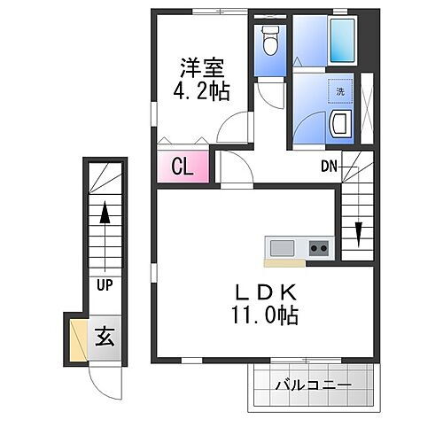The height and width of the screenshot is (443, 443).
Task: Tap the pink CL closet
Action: (x=183, y=166)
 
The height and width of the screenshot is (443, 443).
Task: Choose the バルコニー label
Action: (x=312, y=385)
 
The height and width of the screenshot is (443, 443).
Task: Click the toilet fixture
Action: (x=270, y=41)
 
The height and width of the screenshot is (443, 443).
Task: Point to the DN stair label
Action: (x=328, y=166)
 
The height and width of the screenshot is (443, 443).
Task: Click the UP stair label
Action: (x=105, y=285)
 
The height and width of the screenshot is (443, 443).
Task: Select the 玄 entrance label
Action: (x=105, y=338)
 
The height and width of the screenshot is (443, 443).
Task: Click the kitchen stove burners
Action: (x=318, y=247)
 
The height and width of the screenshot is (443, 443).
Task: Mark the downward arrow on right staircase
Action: (x=357, y=232)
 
